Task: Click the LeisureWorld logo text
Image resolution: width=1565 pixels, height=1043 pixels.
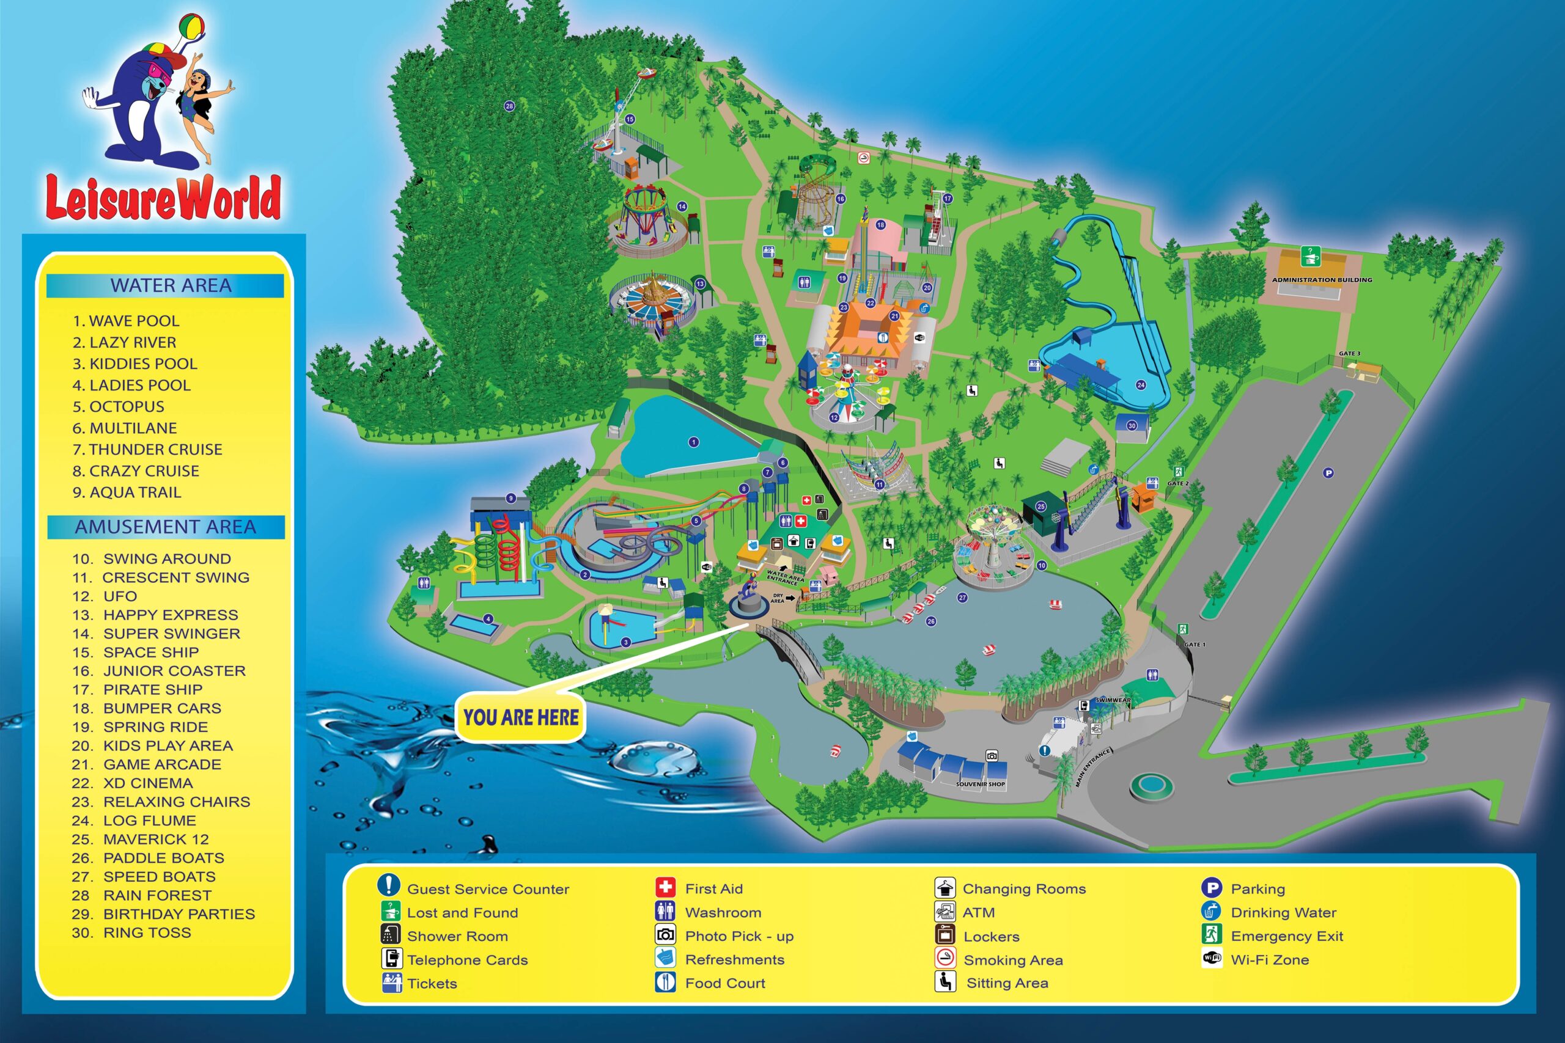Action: (163, 197)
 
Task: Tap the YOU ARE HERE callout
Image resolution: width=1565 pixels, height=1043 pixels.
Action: (521, 718)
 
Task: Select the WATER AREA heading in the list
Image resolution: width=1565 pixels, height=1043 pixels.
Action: (171, 285)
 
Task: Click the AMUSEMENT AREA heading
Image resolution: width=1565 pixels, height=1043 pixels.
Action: (165, 527)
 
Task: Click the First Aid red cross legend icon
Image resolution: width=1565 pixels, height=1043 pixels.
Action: (665, 887)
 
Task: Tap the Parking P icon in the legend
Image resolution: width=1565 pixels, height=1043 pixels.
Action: (1211, 887)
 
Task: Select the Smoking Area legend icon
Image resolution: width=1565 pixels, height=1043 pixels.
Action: (945, 958)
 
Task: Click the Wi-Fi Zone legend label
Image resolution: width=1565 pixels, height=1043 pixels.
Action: (1269, 960)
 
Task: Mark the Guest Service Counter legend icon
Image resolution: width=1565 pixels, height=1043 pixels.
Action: (388, 885)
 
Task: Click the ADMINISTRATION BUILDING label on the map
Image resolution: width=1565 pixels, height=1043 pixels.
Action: (1322, 280)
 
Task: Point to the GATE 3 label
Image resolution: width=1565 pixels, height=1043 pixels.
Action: (1349, 353)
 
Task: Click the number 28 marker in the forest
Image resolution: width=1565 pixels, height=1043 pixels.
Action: (509, 106)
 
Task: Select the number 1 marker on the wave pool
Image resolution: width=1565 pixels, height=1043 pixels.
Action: (693, 442)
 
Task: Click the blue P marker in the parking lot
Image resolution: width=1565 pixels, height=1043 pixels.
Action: (1328, 473)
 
